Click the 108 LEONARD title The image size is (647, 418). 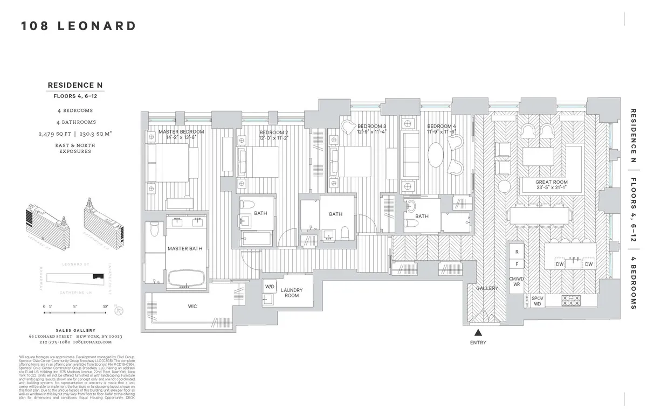click(x=79, y=26)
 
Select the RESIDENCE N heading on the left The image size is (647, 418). click(x=75, y=85)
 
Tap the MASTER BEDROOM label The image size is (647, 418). click(x=181, y=132)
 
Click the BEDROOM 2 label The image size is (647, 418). click(x=274, y=133)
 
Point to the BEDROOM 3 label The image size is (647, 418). click(x=371, y=127)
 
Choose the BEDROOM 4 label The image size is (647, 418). click(x=441, y=127)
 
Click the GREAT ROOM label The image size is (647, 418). click(x=551, y=182)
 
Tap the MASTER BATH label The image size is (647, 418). click(x=184, y=249)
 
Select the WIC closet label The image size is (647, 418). click(x=192, y=306)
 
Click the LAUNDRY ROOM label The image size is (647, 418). click(x=292, y=292)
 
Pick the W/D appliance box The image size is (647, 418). click(x=269, y=287)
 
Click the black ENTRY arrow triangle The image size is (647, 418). click(x=478, y=333)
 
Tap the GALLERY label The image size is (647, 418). click(x=486, y=289)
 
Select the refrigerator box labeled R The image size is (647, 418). click(x=516, y=252)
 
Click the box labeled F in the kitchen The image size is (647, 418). click(x=516, y=264)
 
